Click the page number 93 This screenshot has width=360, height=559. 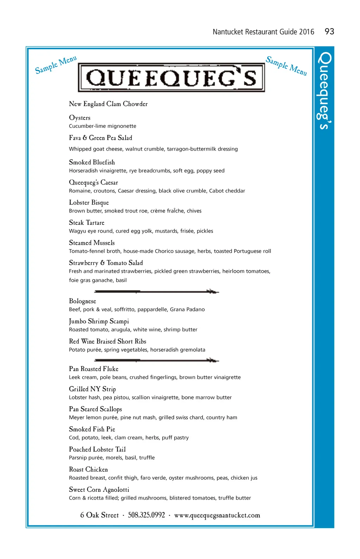[329, 32]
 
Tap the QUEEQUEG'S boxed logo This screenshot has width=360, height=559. [171, 78]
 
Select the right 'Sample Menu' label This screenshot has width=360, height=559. [286, 66]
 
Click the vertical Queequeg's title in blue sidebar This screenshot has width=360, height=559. [324, 91]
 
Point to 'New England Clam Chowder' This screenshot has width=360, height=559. [108, 104]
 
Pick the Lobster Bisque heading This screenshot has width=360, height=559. [89, 203]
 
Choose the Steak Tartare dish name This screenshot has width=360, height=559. [86, 223]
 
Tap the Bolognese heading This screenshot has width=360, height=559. [82, 301]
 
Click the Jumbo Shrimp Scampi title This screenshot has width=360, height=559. [99, 321]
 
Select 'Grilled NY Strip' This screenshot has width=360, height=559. [92, 389]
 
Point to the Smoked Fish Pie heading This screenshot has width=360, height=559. [92, 429]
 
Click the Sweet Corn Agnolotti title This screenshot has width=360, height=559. [99, 490]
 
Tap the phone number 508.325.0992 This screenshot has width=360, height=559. [146, 515]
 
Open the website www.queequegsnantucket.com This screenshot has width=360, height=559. [217, 515]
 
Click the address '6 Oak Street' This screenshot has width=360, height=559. [99, 515]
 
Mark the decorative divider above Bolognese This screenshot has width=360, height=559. [156, 291]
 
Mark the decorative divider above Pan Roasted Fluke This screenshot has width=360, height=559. [156, 360]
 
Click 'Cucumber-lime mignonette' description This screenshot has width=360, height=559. [103, 126]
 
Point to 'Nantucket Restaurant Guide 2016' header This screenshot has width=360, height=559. [263, 32]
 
